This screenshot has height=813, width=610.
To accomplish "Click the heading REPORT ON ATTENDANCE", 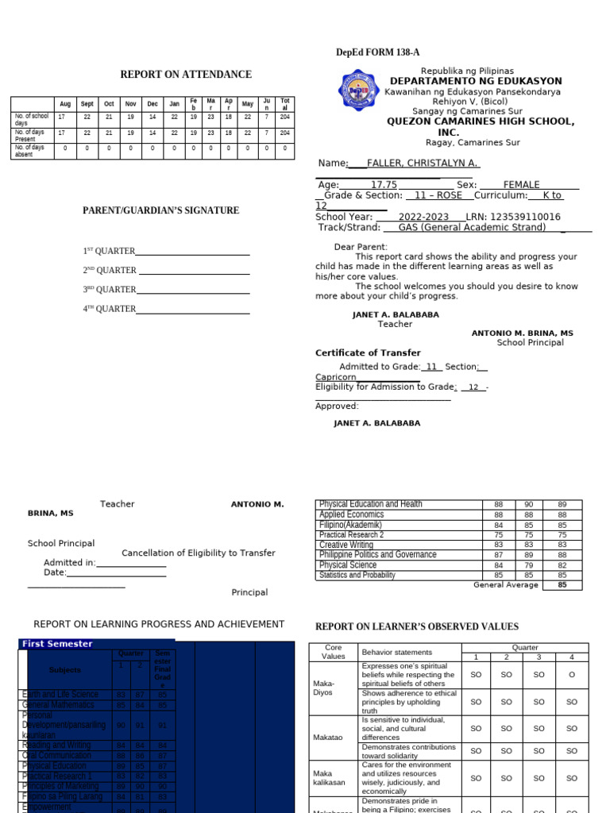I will [186, 75].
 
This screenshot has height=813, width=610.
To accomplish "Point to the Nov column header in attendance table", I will [131, 104].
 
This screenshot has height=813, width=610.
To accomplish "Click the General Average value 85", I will [562, 585].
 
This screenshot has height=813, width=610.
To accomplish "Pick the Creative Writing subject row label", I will [346, 545].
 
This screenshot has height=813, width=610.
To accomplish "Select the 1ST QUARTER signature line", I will [193, 251].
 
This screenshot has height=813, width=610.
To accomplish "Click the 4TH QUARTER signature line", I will [193, 309].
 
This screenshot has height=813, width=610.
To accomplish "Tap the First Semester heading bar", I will [95, 644].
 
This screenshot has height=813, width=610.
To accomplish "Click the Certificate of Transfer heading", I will [368, 353].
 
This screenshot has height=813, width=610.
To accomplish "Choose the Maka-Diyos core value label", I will [323, 688].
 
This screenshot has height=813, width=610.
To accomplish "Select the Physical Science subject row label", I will [347, 565].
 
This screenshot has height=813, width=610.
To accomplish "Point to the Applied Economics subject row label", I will [351, 514].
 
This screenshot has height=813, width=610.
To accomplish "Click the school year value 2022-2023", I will [423, 217].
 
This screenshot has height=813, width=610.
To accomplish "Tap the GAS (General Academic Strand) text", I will [472, 227].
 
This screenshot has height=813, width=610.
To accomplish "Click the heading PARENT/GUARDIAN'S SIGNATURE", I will [161, 210].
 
